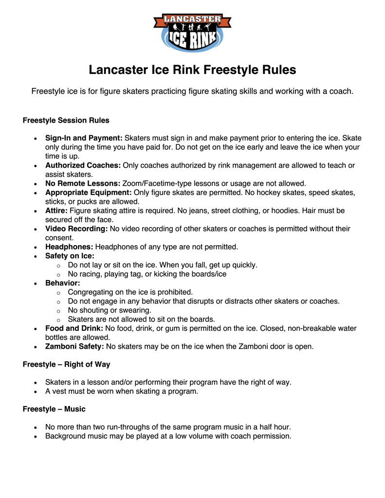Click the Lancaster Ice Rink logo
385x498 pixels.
click(192, 32)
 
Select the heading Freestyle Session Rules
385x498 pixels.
click(66, 120)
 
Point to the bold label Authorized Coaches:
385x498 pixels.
click(83, 165)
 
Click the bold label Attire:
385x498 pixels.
click(56, 211)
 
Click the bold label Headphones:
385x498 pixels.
click(69, 247)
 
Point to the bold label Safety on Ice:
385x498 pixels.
click(70, 256)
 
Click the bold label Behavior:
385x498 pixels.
click(63, 283)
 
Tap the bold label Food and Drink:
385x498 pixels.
click(74, 328)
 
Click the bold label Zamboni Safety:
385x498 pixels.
click(74, 347)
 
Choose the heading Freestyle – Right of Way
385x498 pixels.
click(66, 364)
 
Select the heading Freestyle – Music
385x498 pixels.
click(54, 409)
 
